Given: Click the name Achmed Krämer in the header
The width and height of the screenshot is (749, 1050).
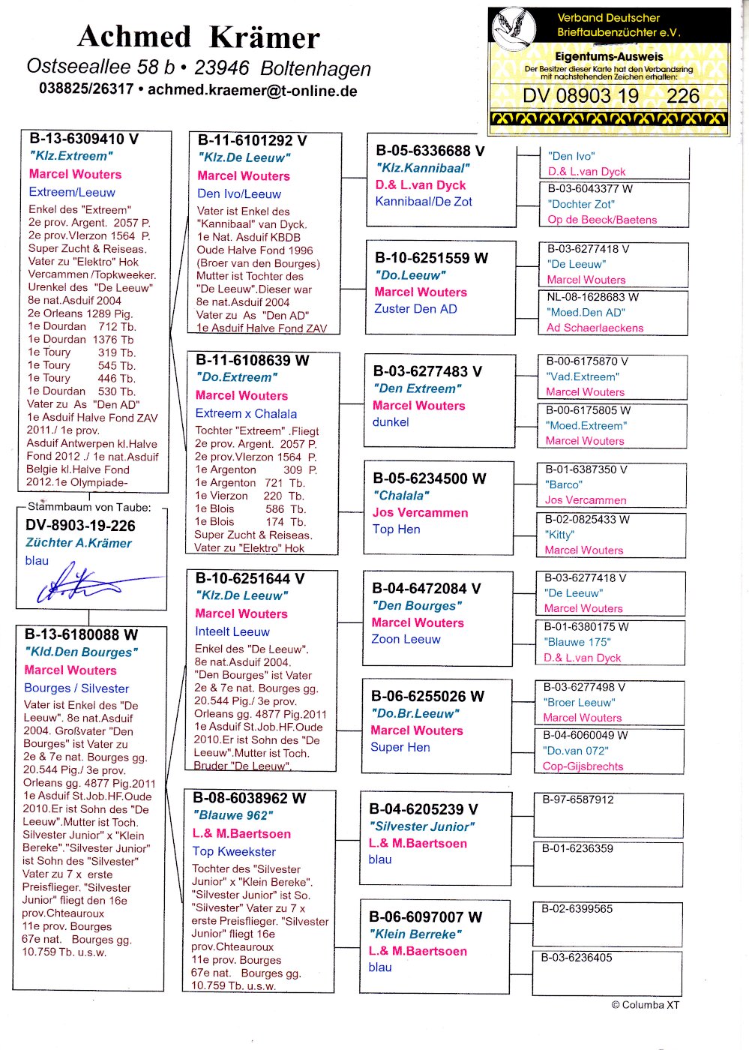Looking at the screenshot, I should point(199,37).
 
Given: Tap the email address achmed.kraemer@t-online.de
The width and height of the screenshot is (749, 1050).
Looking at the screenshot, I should point(252,91).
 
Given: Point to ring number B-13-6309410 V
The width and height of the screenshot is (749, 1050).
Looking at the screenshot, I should point(84,139).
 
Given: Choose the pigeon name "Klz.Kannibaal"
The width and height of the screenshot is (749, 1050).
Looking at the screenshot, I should point(424,168).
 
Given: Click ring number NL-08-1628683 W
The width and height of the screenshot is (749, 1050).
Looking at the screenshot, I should point(592,297).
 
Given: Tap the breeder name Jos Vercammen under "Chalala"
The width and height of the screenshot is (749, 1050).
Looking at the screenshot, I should point(420,513).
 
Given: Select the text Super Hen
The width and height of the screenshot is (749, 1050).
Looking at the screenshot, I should point(400,747).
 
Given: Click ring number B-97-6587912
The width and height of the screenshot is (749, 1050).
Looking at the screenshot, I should point(578,799).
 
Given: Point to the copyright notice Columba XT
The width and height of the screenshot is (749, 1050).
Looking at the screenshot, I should point(645,1005).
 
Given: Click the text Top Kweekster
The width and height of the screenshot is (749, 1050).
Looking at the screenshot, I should point(234,851).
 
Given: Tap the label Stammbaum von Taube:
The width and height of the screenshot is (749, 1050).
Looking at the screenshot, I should point(89,507).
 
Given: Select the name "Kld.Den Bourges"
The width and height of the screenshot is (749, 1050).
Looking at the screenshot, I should point(81,652).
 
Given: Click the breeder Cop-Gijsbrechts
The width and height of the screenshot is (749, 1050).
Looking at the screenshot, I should point(583,766).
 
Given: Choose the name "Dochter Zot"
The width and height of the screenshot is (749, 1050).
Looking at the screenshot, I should point(581,204).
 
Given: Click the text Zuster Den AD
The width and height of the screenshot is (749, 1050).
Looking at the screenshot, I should point(415,309).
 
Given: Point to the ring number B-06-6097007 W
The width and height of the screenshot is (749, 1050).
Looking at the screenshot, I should point(425,916).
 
